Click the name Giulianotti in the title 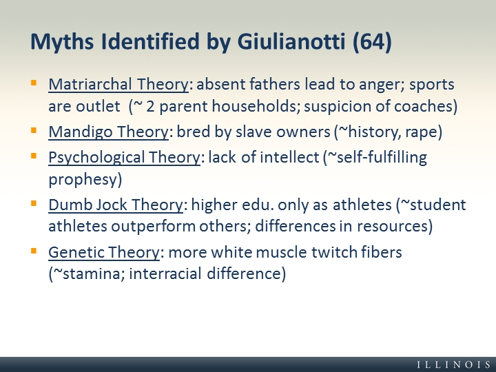click(x=291, y=41)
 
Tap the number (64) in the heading click(x=372, y=42)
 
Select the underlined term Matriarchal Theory click(x=118, y=85)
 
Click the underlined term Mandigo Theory click(x=109, y=132)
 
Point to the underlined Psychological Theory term click(x=124, y=158)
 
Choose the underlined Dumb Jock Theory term click(x=116, y=205)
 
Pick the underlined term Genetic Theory click(x=104, y=252)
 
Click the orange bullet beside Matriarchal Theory click(x=34, y=83)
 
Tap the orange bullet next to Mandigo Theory click(x=34, y=130)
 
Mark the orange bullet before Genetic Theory click(x=34, y=251)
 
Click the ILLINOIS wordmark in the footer click(x=454, y=364)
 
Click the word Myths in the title click(x=62, y=43)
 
